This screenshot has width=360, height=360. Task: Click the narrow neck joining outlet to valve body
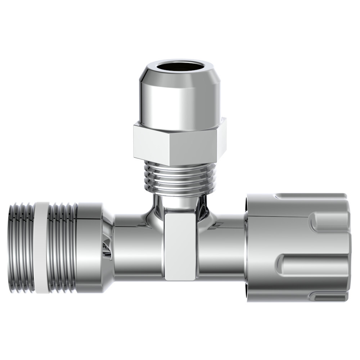pos(179,202)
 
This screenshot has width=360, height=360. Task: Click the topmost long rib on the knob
pos(310,197)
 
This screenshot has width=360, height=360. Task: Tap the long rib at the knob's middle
pos(313,265)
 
